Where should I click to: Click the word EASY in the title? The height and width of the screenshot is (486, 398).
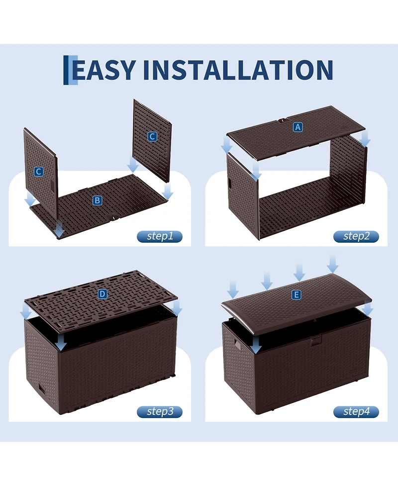click(x=104, y=70)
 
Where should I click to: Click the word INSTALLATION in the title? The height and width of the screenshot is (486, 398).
click(x=238, y=70)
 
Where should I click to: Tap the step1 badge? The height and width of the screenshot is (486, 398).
click(x=160, y=236)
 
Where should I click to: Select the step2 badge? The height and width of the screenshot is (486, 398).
click(x=356, y=236)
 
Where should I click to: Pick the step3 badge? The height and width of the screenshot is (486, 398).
click(x=160, y=411)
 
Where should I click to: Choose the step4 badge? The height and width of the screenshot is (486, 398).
click(x=356, y=411)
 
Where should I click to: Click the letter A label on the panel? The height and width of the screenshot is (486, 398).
click(x=298, y=127)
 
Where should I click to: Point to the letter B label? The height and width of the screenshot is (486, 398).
click(x=98, y=200)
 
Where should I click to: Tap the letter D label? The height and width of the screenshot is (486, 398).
click(x=102, y=294)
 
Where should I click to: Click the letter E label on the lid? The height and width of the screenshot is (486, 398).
click(x=297, y=295)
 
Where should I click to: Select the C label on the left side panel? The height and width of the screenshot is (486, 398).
click(x=38, y=172)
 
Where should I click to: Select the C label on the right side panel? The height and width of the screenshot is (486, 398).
click(x=152, y=137)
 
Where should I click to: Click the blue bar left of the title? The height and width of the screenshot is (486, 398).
click(x=66, y=70)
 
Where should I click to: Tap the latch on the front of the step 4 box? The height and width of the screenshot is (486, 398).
click(x=315, y=342)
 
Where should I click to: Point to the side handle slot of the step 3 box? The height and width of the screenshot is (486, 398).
click(x=40, y=389)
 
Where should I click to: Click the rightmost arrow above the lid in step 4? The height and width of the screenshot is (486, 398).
click(x=333, y=263)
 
